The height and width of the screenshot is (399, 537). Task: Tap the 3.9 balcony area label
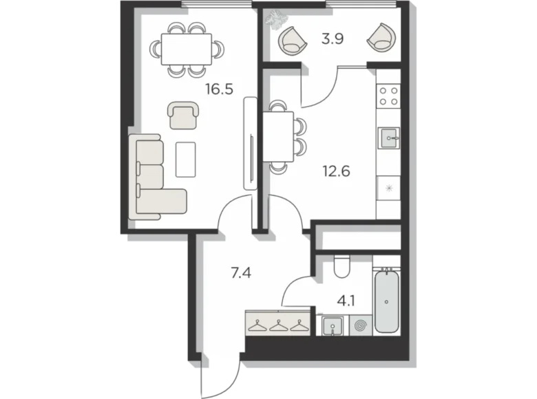(x=333, y=39)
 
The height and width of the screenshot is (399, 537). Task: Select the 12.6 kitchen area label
(x=336, y=170)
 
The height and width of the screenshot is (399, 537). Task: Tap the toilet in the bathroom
(x=341, y=266)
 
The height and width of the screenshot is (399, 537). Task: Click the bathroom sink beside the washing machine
(x=331, y=324)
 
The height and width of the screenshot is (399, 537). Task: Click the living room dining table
(x=187, y=49)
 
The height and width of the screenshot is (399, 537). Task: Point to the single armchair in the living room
(x=182, y=114)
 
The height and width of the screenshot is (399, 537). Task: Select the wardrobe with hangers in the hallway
(x=277, y=323)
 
